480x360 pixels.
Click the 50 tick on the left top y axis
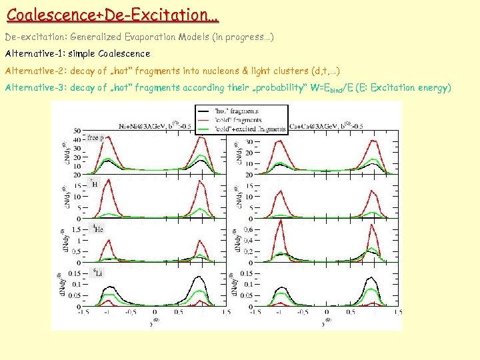click(x=78, y=131)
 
